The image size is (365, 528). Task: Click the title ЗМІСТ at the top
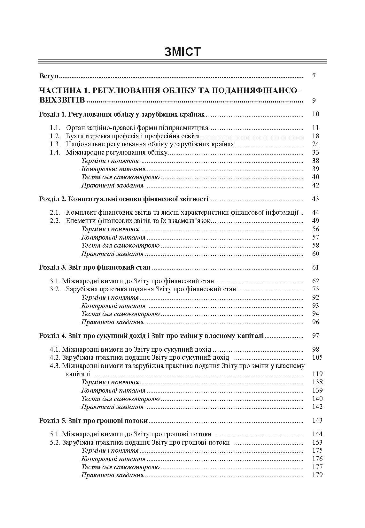point(182,52)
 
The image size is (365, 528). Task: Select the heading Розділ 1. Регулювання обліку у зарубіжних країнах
point(122,114)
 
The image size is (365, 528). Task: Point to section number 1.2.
point(55,136)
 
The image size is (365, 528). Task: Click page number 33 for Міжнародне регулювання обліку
point(315,152)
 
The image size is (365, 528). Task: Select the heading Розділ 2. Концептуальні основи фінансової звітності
point(124,199)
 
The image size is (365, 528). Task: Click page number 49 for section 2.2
point(315,221)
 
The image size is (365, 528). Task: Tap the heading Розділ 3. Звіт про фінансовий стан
point(95,268)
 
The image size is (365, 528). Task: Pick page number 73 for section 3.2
point(315,289)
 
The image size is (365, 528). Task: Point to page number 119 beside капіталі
point(317,374)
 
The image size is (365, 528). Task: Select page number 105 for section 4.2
point(317,357)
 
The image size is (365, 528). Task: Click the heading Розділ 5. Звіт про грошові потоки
point(94,421)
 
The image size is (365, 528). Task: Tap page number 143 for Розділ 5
point(317,420)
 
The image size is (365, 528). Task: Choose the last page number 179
point(317,475)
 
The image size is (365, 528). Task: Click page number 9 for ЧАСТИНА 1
point(314,101)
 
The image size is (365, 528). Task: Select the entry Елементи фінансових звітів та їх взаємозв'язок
point(138,221)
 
